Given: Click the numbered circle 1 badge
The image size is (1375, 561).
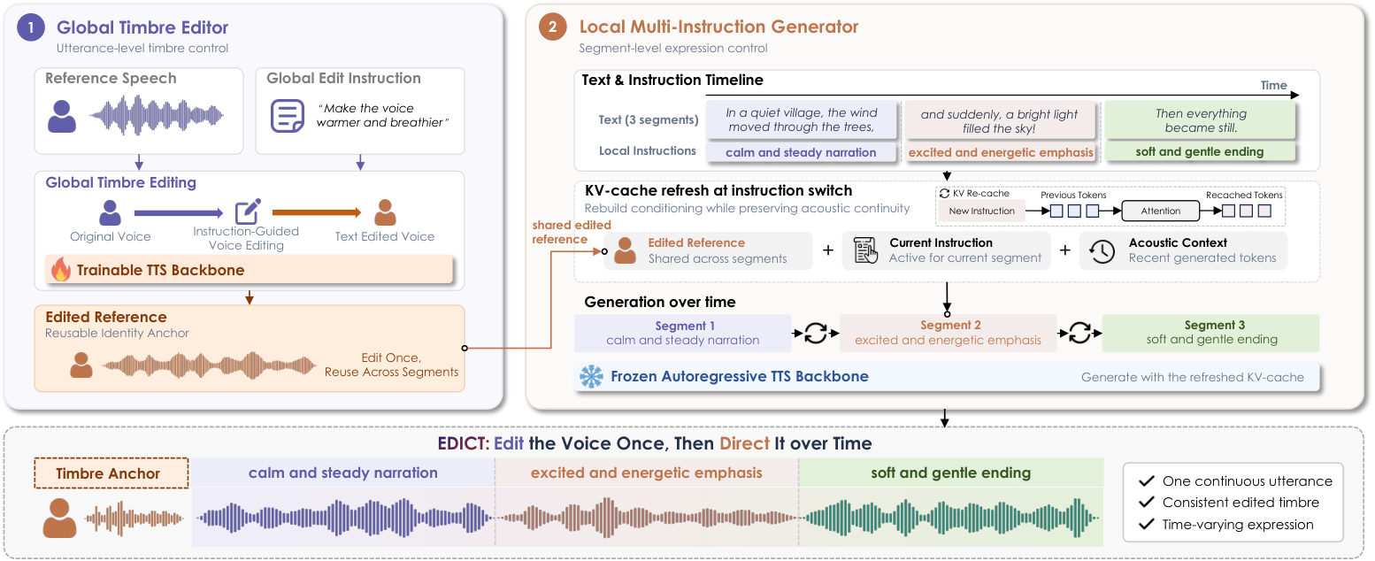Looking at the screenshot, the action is (x=31, y=27).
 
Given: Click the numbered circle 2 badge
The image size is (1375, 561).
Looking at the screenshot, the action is (x=552, y=27).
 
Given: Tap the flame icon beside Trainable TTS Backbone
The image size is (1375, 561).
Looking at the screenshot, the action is (x=61, y=269).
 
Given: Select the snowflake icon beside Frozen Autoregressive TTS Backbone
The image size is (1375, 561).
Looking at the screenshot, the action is (x=592, y=376).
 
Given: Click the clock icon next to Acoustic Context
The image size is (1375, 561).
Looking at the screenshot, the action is (x=1102, y=251).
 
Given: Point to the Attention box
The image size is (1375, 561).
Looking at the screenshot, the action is (x=1160, y=211).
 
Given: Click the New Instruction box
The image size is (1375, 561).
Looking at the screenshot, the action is (x=981, y=211).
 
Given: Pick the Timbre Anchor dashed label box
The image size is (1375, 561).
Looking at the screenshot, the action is (x=111, y=473).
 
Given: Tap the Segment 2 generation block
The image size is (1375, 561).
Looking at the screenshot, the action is (x=948, y=333).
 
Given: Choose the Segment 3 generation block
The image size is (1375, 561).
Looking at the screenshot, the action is (x=1211, y=333).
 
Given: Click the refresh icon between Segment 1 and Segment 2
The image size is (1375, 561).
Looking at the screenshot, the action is (x=815, y=334).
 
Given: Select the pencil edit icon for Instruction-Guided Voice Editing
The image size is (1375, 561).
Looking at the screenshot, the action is (x=248, y=211).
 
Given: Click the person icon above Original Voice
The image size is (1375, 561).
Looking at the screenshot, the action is (x=111, y=212).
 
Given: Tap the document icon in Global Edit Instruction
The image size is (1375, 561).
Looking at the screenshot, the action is (x=288, y=116).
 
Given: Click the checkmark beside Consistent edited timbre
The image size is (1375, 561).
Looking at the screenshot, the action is (x=1146, y=502).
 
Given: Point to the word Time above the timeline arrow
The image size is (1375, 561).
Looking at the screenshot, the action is (x=1274, y=85).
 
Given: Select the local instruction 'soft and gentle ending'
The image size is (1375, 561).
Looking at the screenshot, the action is (x=1200, y=151).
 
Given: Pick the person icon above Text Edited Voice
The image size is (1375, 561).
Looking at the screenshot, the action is (x=385, y=212).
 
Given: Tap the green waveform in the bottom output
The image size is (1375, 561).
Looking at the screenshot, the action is (x=950, y=518).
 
